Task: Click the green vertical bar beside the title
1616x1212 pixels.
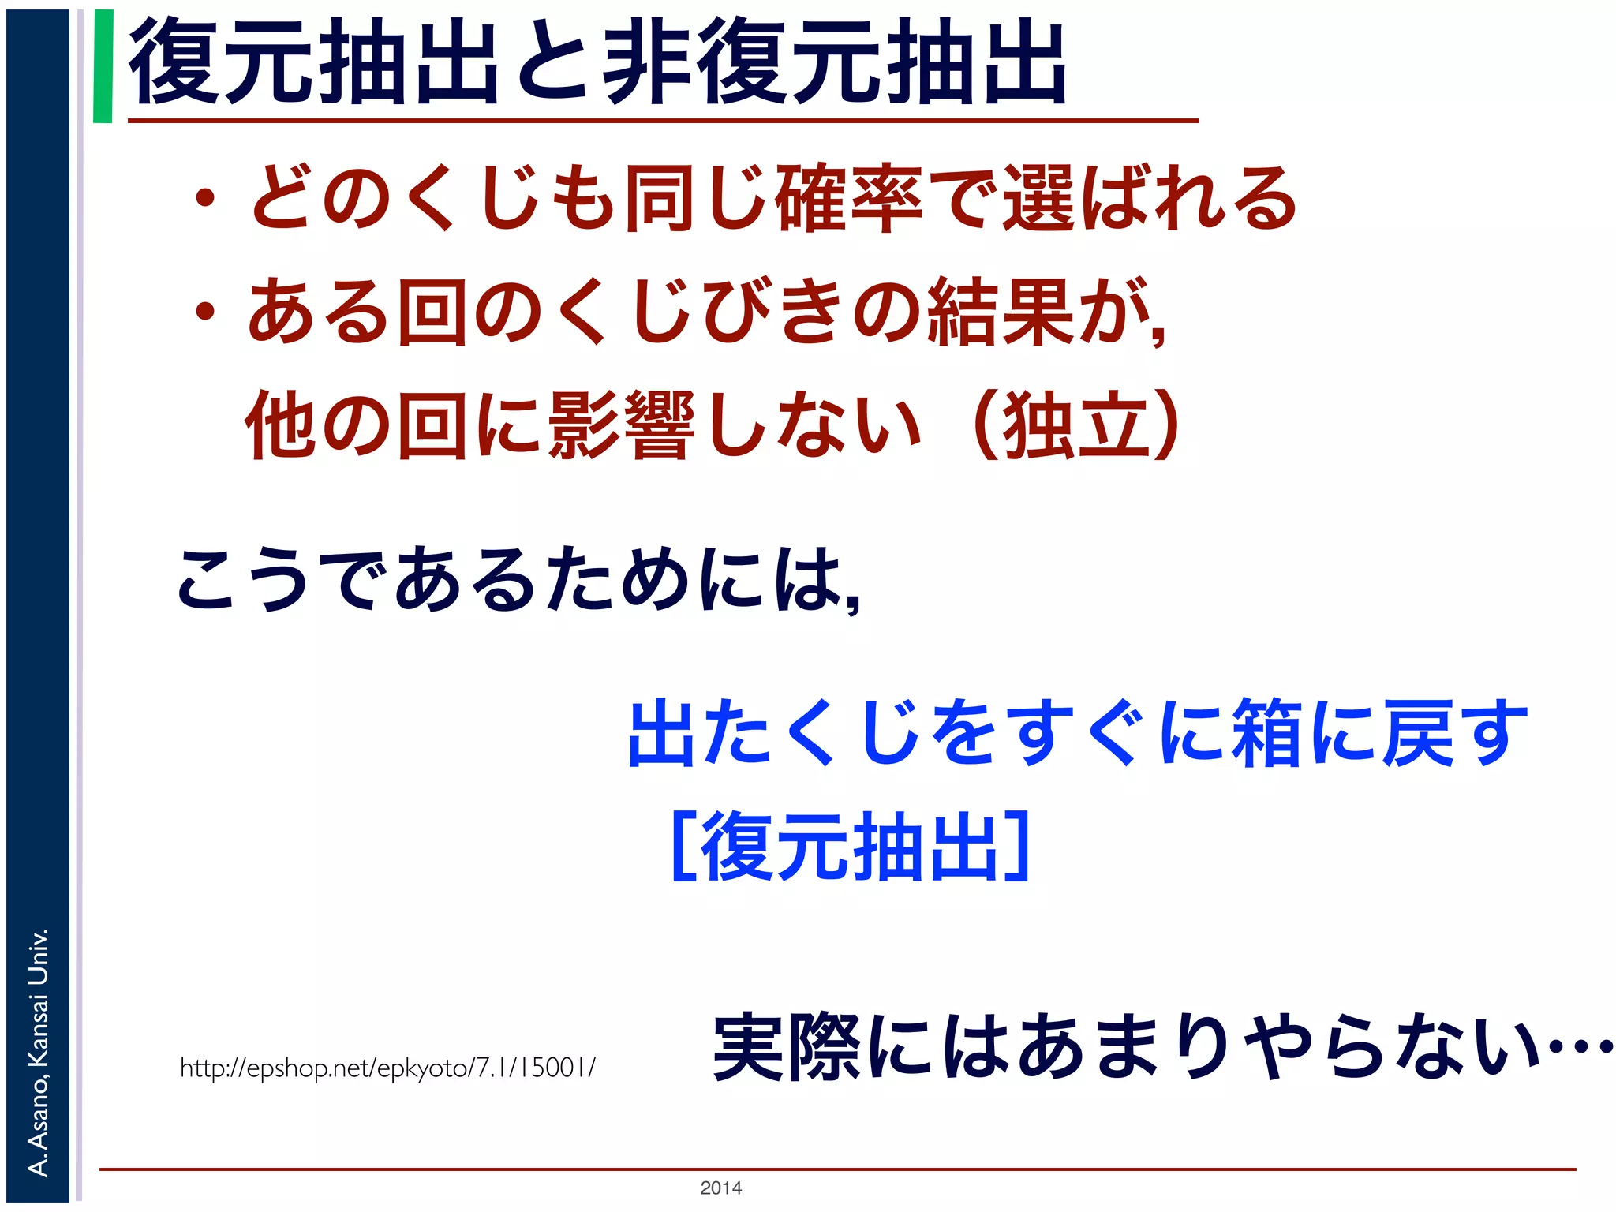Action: pyautogui.click(x=103, y=66)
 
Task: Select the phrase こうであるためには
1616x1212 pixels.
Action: pyautogui.click(x=517, y=580)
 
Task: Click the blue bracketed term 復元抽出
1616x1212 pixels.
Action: pyautogui.click(x=851, y=846)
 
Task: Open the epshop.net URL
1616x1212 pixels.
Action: pyautogui.click(x=387, y=1068)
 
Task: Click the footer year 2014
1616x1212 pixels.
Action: pyautogui.click(x=720, y=1188)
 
